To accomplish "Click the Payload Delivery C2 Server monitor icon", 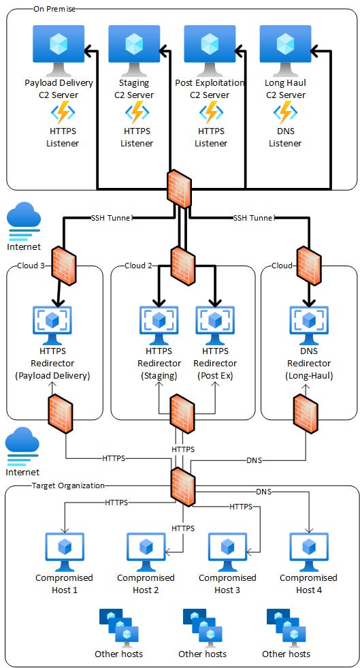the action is pyautogui.click(x=59, y=50).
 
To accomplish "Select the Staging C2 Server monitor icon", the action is pyautogui.click(x=134, y=50).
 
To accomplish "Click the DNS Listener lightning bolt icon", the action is pyautogui.click(x=285, y=112).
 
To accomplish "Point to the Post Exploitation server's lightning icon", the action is pyautogui.click(x=210, y=112).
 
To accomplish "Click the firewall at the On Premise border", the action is pyautogui.click(x=180, y=189).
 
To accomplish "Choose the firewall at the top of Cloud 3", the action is pyautogui.click(x=64, y=265).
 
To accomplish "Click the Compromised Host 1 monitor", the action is pyautogui.click(x=64, y=552).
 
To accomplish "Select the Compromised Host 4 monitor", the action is pyautogui.click(x=309, y=552).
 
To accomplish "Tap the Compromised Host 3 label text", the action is pyautogui.click(x=227, y=584).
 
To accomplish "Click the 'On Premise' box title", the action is pyautogui.click(x=54, y=9).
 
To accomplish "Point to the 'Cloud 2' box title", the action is pyautogui.click(x=138, y=266).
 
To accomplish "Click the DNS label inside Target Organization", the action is pyautogui.click(x=264, y=492).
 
